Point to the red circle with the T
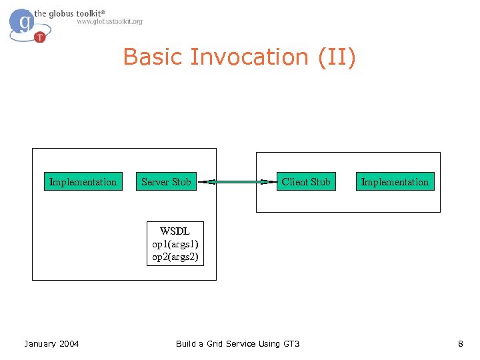40,37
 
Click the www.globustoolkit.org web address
109,22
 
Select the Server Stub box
166,181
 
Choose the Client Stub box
305,181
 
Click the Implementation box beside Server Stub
83,181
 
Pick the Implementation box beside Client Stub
395,181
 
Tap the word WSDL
175,231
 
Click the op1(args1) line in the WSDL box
175,244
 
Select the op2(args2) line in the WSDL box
175,257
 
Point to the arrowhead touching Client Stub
271,181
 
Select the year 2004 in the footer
69,344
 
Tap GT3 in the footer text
292,344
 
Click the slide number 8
460,344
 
